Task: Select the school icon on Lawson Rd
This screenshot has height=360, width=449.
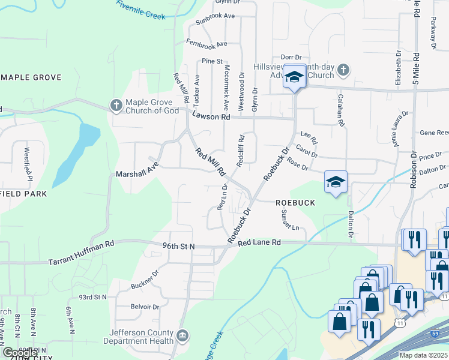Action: pyautogui.click(x=294, y=77)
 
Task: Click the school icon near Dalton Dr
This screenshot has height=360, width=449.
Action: pyautogui.click(x=336, y=182)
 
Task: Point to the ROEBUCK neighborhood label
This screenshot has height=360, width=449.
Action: pyautogui.click(x=295, y=203)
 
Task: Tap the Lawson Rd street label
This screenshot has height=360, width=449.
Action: pyautogui.click(x=211, y=118)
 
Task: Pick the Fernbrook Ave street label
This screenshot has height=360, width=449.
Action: pyautogui.click(x=206, y=44)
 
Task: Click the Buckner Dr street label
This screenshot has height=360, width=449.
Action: pyautogui.click(x=145, y=279)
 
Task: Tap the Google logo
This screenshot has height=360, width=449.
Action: pyautogui.click(x=20, y=352)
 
